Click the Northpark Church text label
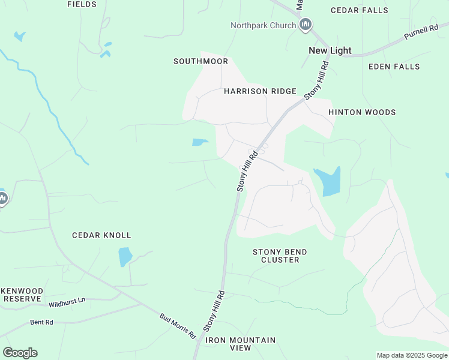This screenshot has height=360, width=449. coord(263,25)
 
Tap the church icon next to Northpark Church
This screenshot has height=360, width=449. coord(306,25)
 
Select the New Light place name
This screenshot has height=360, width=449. coord(330,50)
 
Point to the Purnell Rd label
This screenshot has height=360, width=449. coord(421,32)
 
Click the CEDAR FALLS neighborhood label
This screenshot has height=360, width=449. coord(359,10)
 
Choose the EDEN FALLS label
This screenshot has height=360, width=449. coord(394,67)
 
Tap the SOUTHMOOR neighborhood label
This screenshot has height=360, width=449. coord(201,61)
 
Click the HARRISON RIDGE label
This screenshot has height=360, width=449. coord(260,91)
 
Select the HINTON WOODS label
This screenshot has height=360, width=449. coord(362,112)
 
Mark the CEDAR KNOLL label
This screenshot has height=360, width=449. coord(101,235)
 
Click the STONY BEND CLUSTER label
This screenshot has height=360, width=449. coord(280,256)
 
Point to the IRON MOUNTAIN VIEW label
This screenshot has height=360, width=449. coord(240,344)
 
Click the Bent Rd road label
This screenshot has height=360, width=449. coord(41,322)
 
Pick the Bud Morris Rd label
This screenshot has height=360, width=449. coord(178,325)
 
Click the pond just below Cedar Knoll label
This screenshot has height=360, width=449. coord(125,256)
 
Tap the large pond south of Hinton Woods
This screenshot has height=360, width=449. coord(329,181)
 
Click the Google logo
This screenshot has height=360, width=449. coord(20,353)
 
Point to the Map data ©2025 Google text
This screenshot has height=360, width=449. coord(412,355)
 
